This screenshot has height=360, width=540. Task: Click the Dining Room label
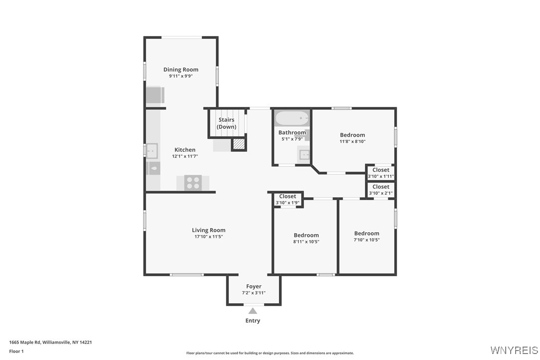[x=180, y=70]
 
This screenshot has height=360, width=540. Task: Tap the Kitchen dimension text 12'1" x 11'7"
[x=184, y=157]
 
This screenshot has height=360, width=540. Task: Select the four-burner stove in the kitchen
[x=193, y=183]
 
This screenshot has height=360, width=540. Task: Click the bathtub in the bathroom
[x=292, y=118]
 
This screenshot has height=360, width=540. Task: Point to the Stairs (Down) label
[x=226, y=123]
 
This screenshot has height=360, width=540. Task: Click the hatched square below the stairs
[x=239, y=144]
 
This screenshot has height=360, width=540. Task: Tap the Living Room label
[x=208, y=230]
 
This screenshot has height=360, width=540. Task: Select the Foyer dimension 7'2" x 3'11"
[x=254, y=293]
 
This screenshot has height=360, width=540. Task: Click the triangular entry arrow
[x=253, y=311]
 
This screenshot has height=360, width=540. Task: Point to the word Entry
[x=253, y=321]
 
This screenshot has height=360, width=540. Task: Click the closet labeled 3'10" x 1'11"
[x=381, y=173]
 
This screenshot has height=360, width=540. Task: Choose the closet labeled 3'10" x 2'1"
[x=381, y=190]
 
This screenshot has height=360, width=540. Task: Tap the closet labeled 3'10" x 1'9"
[x=287, y=199]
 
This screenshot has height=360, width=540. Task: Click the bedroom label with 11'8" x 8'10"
[x=352, y=135]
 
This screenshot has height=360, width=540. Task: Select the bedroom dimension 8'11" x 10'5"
[x=306, y=242]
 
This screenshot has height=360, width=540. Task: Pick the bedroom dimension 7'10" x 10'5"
[x=366, y=240]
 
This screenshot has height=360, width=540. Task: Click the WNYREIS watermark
[x=514, y=351]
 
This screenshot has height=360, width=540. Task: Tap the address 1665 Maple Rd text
[x=50, y=342]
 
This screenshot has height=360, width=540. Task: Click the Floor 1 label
[x=16, y=351]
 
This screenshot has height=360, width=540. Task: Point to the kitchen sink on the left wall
[x=152, y=149]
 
